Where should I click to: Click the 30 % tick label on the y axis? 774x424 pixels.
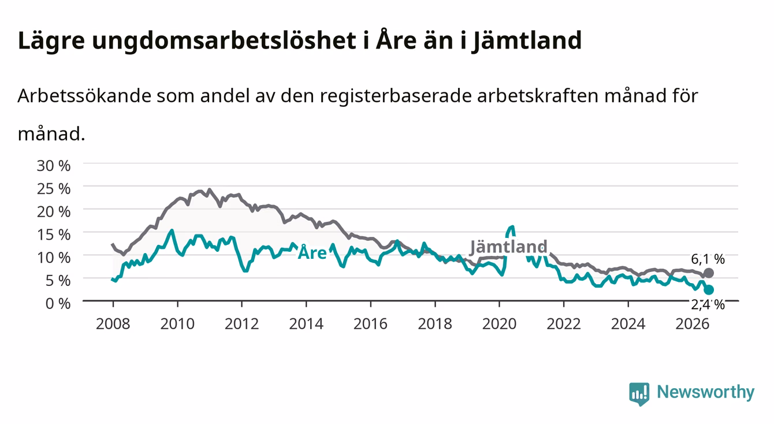(54, 166)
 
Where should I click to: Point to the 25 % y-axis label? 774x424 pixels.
(54, 189)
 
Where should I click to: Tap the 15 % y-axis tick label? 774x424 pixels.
(54, 235)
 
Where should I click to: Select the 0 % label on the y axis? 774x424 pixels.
(58, 304)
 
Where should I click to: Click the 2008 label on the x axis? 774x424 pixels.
(113, 324)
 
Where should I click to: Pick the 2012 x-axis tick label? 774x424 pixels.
(242, 324)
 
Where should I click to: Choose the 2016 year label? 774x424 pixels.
(370, 324)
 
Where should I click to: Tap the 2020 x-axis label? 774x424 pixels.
(499, 324)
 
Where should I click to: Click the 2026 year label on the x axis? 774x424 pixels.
(693, 324)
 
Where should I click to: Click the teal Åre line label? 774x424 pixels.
(312, 252)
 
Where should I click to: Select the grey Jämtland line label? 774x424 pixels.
(509, 247)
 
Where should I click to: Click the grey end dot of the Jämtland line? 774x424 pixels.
(708, 273)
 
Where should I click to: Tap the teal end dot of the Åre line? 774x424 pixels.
(709, 289)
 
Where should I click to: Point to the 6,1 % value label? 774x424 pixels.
(708, 259)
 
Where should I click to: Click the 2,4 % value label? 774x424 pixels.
(708, 304)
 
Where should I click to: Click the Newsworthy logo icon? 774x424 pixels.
(639, 393)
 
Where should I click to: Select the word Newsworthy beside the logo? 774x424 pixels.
(706, 392)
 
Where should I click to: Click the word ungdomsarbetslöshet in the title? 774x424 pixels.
(224, 41)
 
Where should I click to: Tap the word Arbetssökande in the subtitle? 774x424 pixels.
(84, 96)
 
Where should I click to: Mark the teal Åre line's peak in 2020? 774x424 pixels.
(512, 227)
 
